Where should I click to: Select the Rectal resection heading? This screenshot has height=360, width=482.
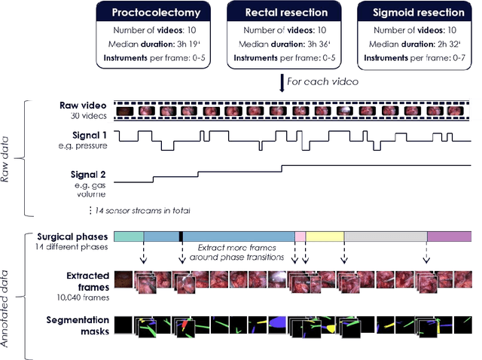281,13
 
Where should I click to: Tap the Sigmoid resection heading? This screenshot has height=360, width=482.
413,13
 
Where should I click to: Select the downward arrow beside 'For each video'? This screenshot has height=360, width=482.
282,80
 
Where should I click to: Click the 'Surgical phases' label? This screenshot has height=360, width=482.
72,236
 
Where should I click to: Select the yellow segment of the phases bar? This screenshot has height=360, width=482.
325,236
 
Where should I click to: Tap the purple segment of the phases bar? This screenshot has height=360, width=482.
449,236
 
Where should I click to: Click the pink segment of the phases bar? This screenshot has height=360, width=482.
300,236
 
